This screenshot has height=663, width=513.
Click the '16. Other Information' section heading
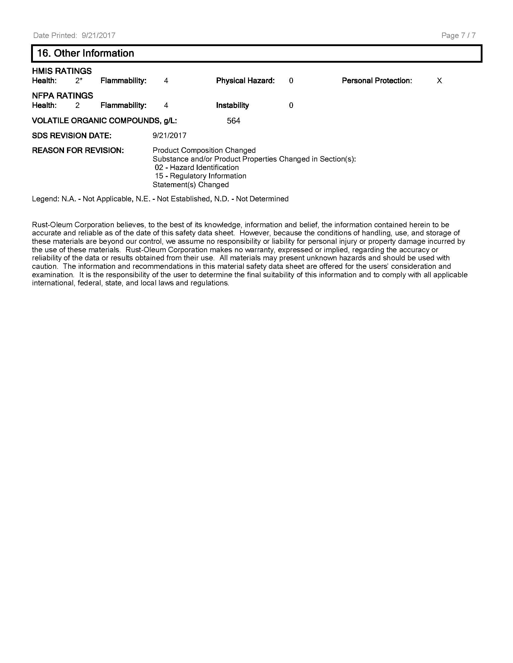85,53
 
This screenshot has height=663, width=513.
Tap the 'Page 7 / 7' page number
458,36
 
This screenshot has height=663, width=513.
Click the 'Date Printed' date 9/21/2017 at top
98,36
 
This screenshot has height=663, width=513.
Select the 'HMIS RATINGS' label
62,71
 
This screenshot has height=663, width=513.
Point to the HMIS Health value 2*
79,81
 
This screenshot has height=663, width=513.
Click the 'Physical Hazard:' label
245,81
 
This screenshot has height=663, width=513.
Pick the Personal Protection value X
439,81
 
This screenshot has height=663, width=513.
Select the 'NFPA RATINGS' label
62,96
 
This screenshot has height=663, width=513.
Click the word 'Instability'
232,105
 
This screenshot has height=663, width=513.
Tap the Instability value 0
291,105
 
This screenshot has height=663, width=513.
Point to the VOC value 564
233,121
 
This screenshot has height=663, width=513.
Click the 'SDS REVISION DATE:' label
72,136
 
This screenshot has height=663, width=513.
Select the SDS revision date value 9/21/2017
169,135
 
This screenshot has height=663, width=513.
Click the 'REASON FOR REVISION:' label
78,151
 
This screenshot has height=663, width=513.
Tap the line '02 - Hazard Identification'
197,168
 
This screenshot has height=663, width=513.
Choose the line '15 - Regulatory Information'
200,176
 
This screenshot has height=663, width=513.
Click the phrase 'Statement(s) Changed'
190,184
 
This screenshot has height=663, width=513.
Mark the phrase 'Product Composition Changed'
204,150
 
